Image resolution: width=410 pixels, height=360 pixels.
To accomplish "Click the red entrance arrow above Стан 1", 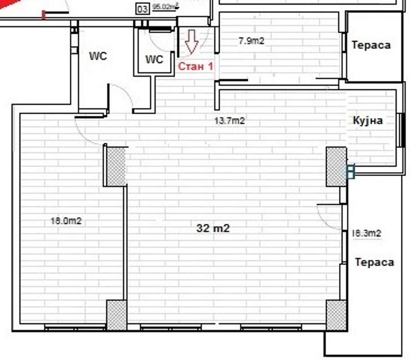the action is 192,42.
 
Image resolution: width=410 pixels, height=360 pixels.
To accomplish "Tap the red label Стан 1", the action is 195,66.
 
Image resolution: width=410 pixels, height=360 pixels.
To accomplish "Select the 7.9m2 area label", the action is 251,41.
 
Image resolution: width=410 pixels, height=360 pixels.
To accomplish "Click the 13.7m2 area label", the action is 230,121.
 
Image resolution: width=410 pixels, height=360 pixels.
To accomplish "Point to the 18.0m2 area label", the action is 66,221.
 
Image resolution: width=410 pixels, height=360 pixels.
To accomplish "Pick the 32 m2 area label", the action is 213,228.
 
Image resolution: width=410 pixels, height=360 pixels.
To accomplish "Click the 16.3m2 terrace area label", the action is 367,233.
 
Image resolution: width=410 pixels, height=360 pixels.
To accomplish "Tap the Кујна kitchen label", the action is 368,121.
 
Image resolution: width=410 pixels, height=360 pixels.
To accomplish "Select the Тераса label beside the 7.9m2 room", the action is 371,45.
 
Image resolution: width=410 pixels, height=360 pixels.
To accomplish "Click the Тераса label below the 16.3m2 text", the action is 374,262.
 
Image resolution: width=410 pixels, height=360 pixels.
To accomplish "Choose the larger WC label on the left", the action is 98,56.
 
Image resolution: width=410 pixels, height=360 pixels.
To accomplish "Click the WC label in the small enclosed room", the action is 154,60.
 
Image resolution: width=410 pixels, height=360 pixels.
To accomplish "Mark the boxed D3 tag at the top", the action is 143,10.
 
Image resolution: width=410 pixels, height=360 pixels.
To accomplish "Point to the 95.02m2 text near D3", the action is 165,6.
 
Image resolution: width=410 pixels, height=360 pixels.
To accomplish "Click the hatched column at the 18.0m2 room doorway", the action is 116,167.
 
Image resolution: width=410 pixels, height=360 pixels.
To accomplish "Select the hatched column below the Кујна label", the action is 337,167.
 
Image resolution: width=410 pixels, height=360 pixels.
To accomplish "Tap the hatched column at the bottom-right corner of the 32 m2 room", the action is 337,315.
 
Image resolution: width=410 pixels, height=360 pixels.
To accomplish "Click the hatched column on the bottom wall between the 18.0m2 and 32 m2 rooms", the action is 116,315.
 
